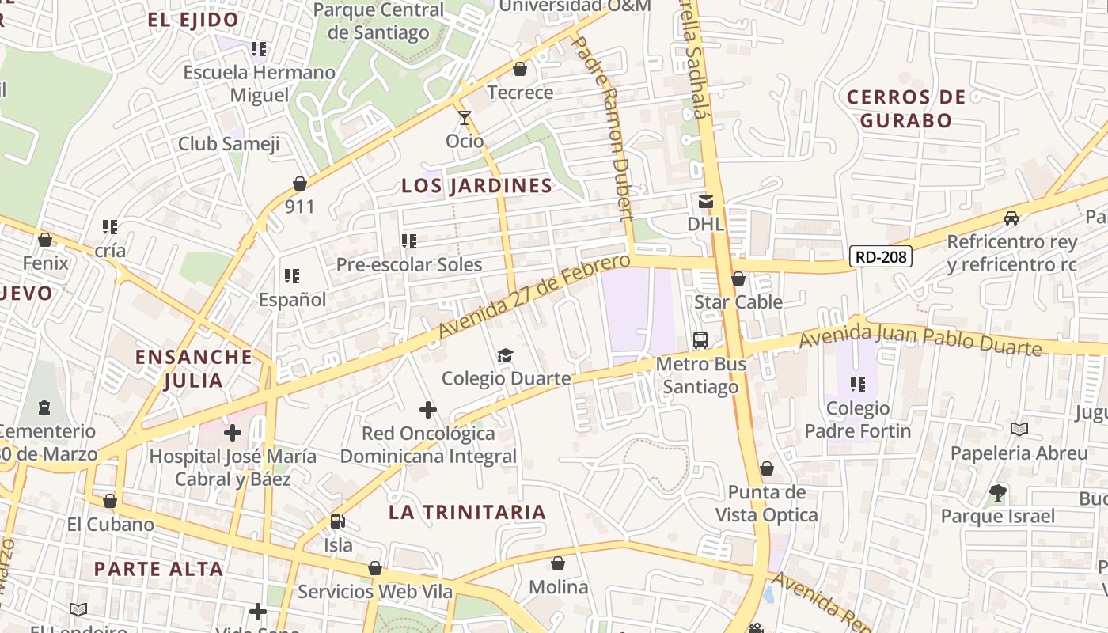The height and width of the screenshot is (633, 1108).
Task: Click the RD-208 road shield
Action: pos(881,256)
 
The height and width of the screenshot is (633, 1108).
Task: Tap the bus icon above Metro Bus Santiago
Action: pos(700,340)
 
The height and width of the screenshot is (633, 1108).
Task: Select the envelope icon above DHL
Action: pos(706,202)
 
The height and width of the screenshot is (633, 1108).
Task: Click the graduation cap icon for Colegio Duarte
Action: pos(505,355)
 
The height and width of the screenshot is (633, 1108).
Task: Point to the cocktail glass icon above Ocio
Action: pos(465,118)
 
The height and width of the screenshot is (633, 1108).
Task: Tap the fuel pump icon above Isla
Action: pos(338,521)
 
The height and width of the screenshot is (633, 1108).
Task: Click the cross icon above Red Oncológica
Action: pos(428,410)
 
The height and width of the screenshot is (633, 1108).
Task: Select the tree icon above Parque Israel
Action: pos(998,494)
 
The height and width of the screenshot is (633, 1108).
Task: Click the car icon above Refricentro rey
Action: pos(1011,218)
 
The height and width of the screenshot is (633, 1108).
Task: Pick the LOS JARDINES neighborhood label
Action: pos(476,186)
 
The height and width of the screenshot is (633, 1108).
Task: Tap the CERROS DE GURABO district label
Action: pos(906,109)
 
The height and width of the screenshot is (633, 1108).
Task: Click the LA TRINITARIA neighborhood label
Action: pos(467,513)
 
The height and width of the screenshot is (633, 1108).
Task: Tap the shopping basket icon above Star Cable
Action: pos(738,279)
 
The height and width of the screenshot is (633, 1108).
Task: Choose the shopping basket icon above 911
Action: pos(300,184)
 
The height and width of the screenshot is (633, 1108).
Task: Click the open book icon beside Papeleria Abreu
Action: pos(1019,429)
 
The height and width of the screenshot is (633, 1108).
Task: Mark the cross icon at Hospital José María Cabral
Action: pos(233,433)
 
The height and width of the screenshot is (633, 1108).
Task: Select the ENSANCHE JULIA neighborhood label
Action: pos(194,369)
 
